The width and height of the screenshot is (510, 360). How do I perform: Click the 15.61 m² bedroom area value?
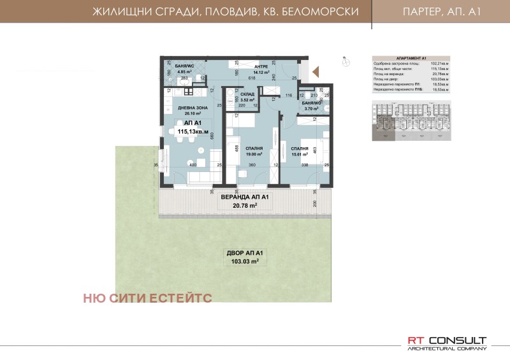[300, 153]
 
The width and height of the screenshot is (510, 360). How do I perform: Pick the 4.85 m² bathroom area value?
[175, 72]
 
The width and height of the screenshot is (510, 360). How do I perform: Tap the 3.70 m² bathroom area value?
[310, 109]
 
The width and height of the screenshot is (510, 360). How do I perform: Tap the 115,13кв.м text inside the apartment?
[189, 131]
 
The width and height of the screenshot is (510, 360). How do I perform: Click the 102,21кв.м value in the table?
[439, 63]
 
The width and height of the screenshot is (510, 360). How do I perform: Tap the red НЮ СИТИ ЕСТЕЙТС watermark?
[147, 297]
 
